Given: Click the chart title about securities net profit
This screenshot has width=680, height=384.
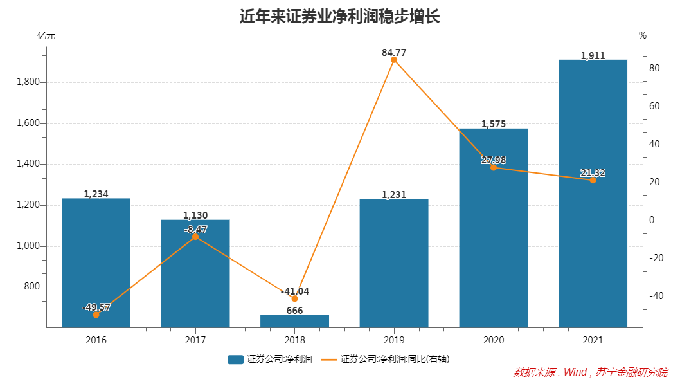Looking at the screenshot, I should coord(339,16).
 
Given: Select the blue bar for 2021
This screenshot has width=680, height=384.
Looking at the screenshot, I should coord(592,193).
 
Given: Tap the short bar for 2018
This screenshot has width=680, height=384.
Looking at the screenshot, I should coord(294,321).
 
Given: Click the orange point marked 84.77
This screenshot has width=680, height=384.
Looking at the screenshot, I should coord(394,60).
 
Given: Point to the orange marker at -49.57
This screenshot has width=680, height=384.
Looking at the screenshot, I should coord(96,315).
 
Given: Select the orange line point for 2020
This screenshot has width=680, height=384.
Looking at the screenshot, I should coord(494,167).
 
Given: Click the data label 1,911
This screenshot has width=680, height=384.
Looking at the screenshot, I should coord(593,56).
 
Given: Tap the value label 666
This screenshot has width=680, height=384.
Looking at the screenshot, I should coord(294,311).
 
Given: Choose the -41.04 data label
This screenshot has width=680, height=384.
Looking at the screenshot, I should coord(294,291).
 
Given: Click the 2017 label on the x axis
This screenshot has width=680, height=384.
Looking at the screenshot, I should coord(195,339).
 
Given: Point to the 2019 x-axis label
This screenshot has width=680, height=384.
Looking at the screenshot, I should coord(394,339).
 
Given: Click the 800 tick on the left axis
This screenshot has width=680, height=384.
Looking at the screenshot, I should coord(31,288).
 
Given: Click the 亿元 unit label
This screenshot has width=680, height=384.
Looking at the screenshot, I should coord(46,35).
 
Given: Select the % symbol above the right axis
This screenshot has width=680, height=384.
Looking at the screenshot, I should coord(642,35).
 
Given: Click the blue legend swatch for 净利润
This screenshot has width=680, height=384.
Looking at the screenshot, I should coord(235,360).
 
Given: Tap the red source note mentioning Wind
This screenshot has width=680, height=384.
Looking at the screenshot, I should coord(590,372).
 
